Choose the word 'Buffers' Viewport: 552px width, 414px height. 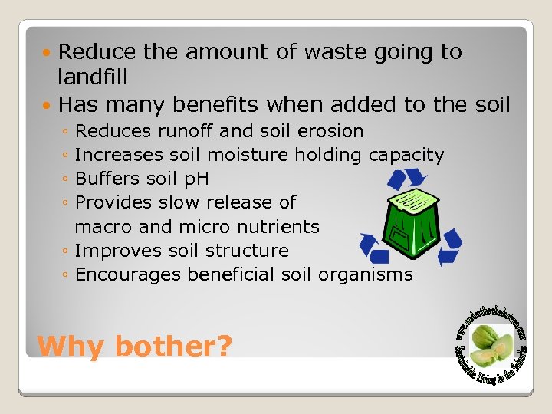coord(104,179)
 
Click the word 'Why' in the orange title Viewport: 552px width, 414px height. coord(70,346)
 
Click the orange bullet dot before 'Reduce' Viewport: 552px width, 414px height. coord(48,53)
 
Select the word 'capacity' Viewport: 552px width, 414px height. coord(406,155)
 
